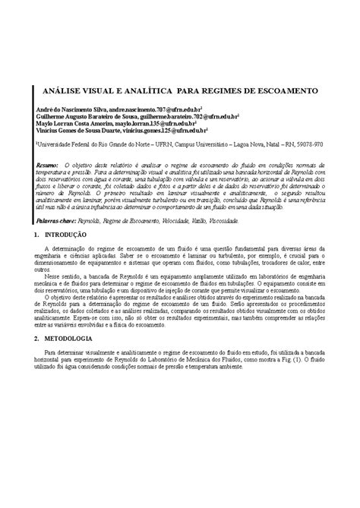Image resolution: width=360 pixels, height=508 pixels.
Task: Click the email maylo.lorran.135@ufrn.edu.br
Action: pyautogui.click(x=154, y=121)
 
